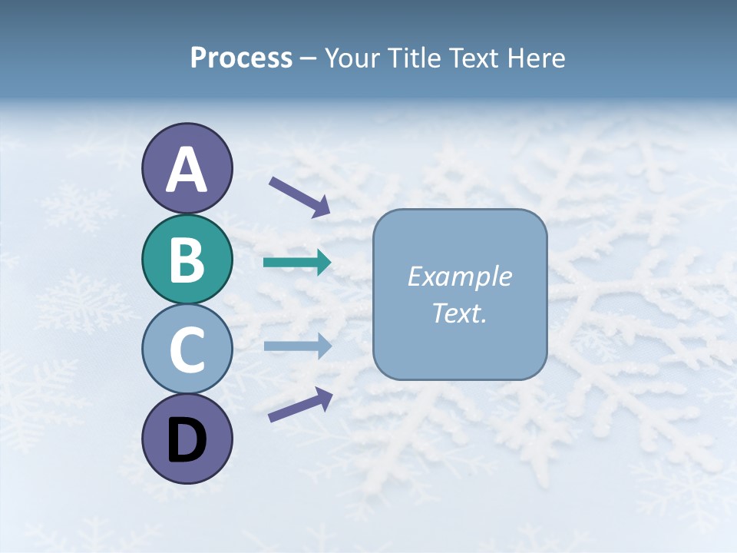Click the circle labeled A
click(x=187, y=169)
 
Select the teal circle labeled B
click(x=187, y=259)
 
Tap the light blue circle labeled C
click(x=187, y=349)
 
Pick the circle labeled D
click(x=187, y=439)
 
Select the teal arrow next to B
click(x=297, y=263)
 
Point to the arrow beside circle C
click(x=297, y=346)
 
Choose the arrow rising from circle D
click(x=300, y=404)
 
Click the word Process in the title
click(x=241, y=58)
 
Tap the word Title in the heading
click(x=411, y=58)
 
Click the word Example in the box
click(x=459, y=276)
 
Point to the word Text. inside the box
click(x=459, y=313)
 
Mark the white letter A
click(x=187, y=170)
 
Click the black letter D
click(x=187, y=441)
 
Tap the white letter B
click(x=187, y=260)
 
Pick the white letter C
click(x=187, y=350)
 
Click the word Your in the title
click(x=351, y=58)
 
